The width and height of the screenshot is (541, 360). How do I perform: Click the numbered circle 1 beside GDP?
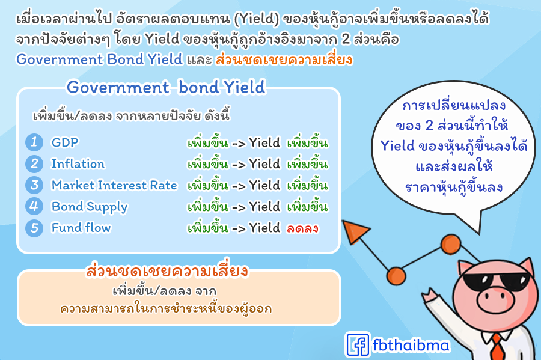coord(34,142)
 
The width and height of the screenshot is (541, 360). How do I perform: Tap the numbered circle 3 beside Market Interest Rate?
coord(34,185)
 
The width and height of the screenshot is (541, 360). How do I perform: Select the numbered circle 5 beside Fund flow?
coord(34,228)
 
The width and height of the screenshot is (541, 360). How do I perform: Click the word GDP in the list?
coord(65,142)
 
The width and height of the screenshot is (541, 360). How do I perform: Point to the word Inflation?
coord(78,164)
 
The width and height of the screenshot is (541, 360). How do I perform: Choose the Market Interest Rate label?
coord(114,185)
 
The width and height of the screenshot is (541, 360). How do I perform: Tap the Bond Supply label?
coord(90,207)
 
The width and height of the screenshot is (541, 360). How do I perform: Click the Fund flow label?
coord(81,228)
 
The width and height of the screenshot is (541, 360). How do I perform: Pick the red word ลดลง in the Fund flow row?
coord(302,228)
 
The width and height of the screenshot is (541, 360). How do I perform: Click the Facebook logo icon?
coord(358,344)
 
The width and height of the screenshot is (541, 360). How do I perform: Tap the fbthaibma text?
coord(411,345)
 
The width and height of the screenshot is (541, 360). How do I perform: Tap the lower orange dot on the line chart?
coord(396,276)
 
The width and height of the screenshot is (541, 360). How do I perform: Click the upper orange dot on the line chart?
coord(451,244)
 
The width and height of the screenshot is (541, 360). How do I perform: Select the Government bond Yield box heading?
coord(166,87)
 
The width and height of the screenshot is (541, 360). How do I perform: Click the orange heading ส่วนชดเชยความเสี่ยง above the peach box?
coord(167,270)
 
